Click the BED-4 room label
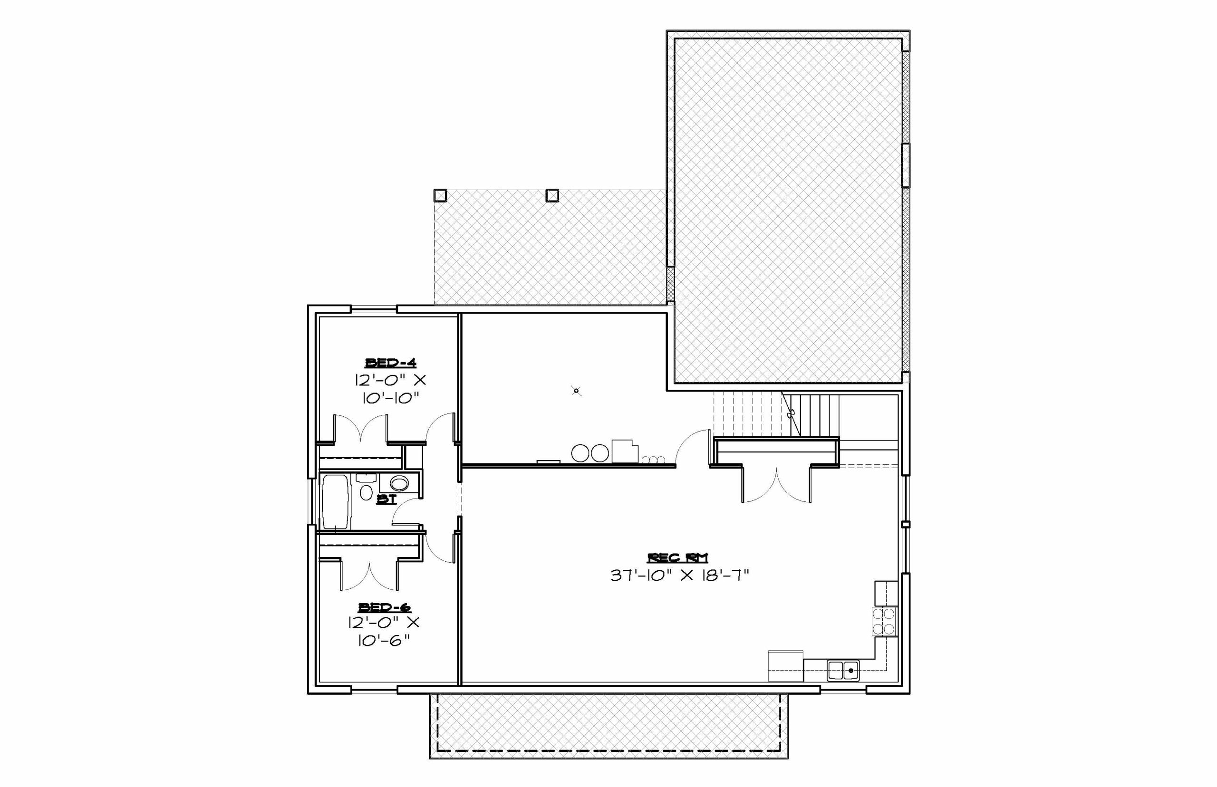tap(390, 363)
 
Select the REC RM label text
tap(678, 557)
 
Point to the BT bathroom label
tap(386, 499)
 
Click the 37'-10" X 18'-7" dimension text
tap(680, 576)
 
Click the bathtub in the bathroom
tap(336, 502)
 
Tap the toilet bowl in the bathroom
tap(366, 493)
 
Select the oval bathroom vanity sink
tap(399, 483)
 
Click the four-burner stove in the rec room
tap(884, 621)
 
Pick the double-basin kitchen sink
tap(843, 670)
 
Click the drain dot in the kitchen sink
tap(851, 670)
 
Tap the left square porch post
tap(440, 196)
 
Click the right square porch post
tap(552, 196)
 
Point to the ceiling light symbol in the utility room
tap(577, 391)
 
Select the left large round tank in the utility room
tap(580, 453)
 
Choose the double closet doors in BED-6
tap(368, 576)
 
